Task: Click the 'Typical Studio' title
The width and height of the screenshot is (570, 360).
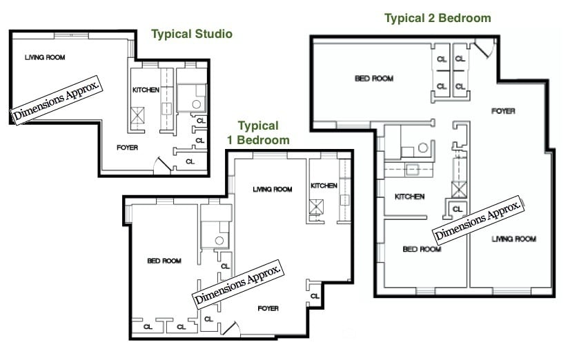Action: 191,34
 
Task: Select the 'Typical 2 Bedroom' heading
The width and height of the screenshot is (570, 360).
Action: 438,18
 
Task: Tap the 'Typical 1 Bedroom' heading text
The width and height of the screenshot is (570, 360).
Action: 258,132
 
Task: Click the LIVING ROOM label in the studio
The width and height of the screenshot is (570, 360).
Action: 45,57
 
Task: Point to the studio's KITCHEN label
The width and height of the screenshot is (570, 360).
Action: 146,90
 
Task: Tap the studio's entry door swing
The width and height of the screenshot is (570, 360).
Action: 160,163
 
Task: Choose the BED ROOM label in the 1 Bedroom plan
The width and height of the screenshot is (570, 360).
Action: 164,261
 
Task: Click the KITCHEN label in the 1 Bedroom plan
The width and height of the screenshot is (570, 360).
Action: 324,186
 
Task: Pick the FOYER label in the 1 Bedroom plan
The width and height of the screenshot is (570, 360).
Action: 268,308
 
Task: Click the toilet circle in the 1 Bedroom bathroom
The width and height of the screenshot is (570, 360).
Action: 219,240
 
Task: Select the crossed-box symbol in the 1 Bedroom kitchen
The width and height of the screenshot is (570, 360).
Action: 316,206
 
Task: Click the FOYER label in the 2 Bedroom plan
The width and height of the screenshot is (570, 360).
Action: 503,111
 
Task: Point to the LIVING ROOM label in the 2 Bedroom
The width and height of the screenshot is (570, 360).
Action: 513,239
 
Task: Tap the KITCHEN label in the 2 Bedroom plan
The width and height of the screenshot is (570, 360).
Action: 409,197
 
